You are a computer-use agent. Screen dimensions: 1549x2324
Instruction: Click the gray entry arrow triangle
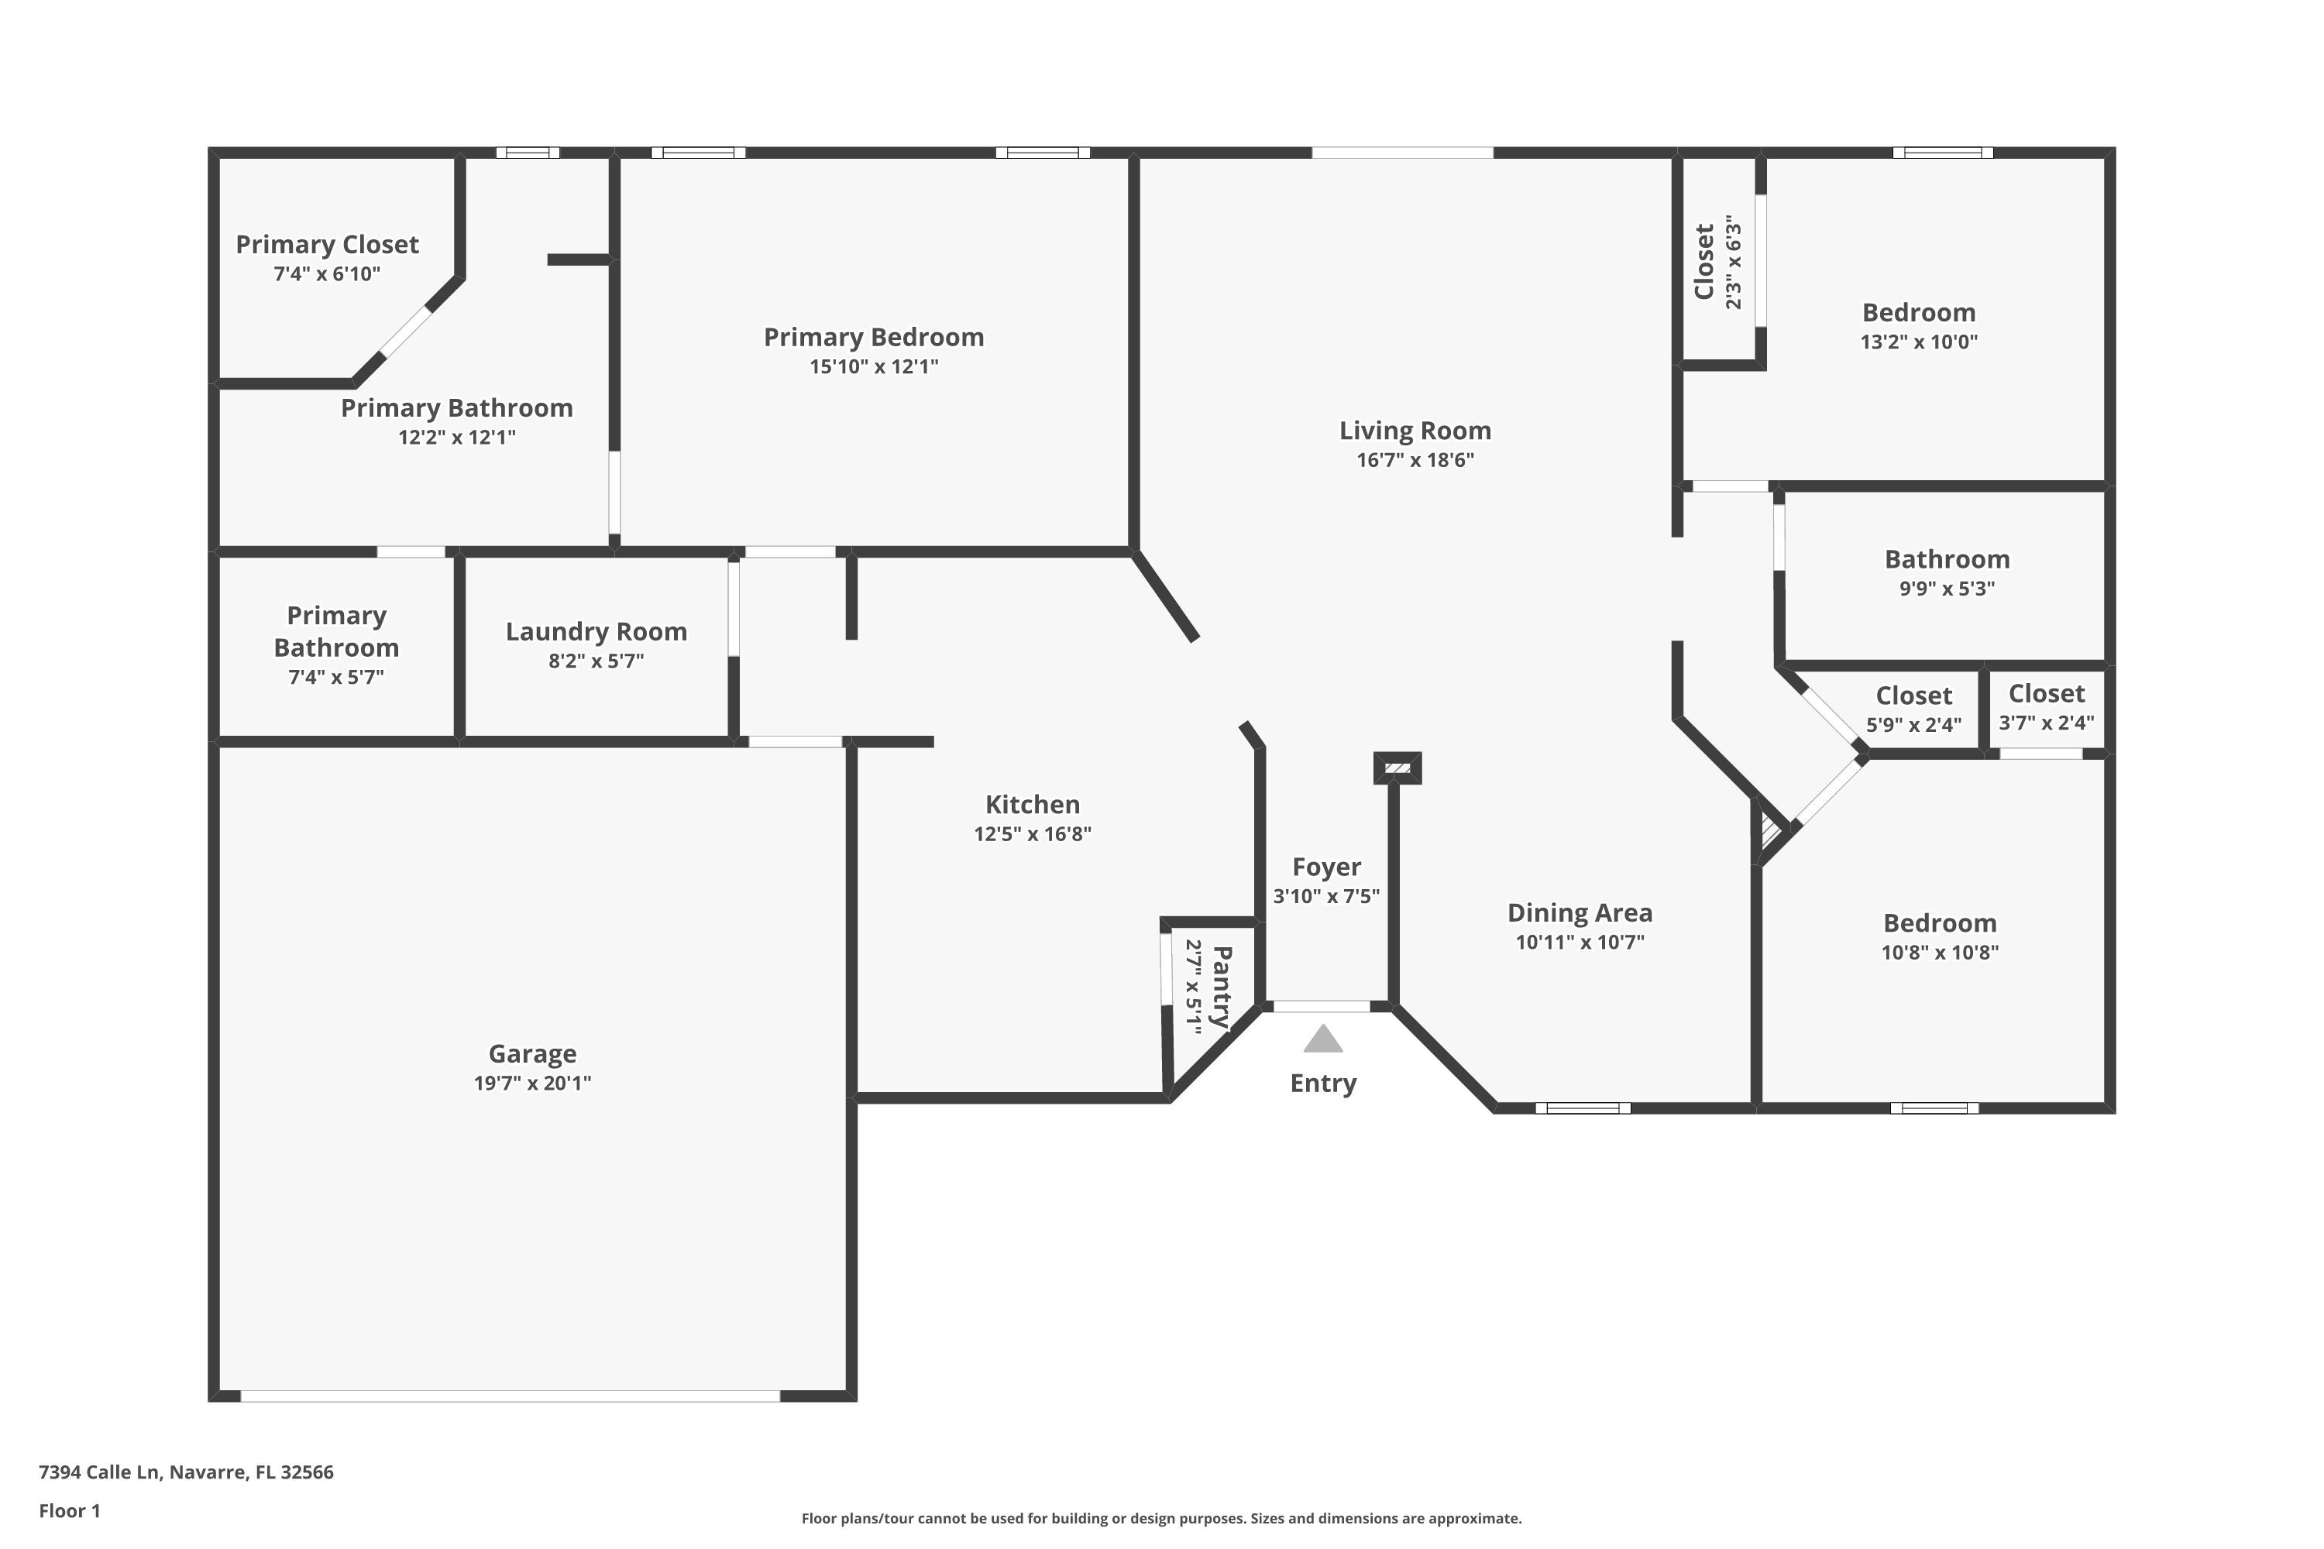[x=1322, y=1040]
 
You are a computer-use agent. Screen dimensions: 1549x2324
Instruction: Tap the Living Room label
[x=1415, y=431]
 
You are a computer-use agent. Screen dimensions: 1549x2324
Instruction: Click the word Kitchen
[x=1032, y=804]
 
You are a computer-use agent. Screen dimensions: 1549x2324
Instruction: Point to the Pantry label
[x=1222, y=986]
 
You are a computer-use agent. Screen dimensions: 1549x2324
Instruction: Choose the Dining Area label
[x=1579, y=913]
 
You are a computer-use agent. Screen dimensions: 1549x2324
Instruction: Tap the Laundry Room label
[x=596, y=631]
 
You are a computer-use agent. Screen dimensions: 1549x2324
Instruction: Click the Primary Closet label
[x=327, y=244]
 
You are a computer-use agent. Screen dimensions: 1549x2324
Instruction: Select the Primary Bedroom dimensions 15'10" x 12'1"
[x=874, y=366]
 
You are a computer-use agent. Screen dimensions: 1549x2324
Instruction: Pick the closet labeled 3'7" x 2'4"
[x=2045, y=707]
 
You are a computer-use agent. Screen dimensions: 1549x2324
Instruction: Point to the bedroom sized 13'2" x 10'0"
[x=1918, y=326]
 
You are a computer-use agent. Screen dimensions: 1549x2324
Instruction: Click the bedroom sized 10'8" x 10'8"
[x=1939, y=936]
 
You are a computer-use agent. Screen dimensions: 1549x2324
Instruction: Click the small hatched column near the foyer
[x=1397, y=768]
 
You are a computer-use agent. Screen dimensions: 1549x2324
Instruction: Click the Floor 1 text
[x=69, y=1510]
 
